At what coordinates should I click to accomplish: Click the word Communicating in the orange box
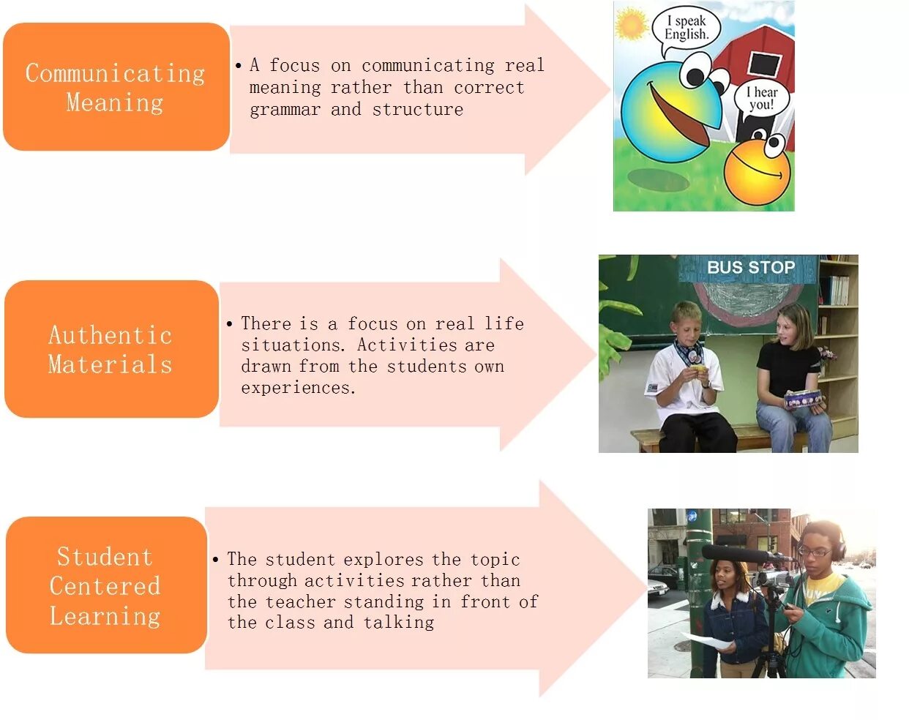115,73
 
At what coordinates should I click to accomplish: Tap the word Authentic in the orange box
111,335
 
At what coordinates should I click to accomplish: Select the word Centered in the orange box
105,586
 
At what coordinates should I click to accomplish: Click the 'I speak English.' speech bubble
686,29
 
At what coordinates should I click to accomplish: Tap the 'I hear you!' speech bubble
762,98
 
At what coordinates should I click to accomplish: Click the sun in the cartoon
631,25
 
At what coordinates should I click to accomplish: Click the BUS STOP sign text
751,268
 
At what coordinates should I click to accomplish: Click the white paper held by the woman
708,641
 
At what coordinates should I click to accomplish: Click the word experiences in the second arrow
298,388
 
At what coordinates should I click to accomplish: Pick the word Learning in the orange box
105,616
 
